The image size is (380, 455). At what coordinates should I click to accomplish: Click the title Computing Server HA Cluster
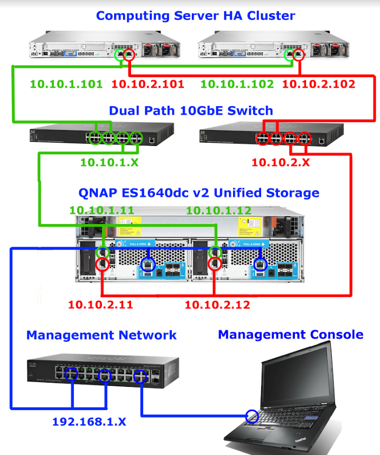tap(195, 15)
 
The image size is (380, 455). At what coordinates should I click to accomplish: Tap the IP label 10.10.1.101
tap(66, 84)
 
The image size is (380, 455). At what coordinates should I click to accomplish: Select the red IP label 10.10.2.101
tap(148, 84)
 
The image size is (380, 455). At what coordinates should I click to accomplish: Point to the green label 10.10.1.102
tap(237, 84)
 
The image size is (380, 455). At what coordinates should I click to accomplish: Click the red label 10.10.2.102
tap(319, 84)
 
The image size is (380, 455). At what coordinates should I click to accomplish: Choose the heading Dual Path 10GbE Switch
tap(191, 110)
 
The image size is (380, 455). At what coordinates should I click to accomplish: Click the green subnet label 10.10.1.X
tap(109, 162)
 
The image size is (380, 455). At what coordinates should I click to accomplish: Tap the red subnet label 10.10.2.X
tap(280, 162)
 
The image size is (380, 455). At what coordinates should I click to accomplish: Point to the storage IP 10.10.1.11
tap(101, 210)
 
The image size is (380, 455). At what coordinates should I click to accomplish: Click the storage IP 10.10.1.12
tap(218, 210)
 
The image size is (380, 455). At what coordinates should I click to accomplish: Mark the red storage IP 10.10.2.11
tap(100, 304)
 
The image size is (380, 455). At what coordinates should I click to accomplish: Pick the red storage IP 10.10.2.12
tap(217, 304)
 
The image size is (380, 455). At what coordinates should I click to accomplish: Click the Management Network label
tap(101, 335)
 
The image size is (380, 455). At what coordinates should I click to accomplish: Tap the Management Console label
tap(291, 335)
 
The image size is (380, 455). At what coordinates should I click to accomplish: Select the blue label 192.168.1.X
tap(89, 422)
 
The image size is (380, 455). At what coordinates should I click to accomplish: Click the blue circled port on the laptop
tap(253, 416)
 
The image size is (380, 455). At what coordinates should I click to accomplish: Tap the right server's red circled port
tap(298, 54)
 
